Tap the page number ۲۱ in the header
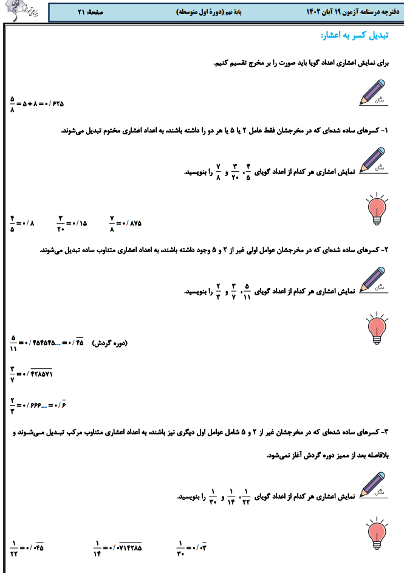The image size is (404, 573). (x=82, y=12)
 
